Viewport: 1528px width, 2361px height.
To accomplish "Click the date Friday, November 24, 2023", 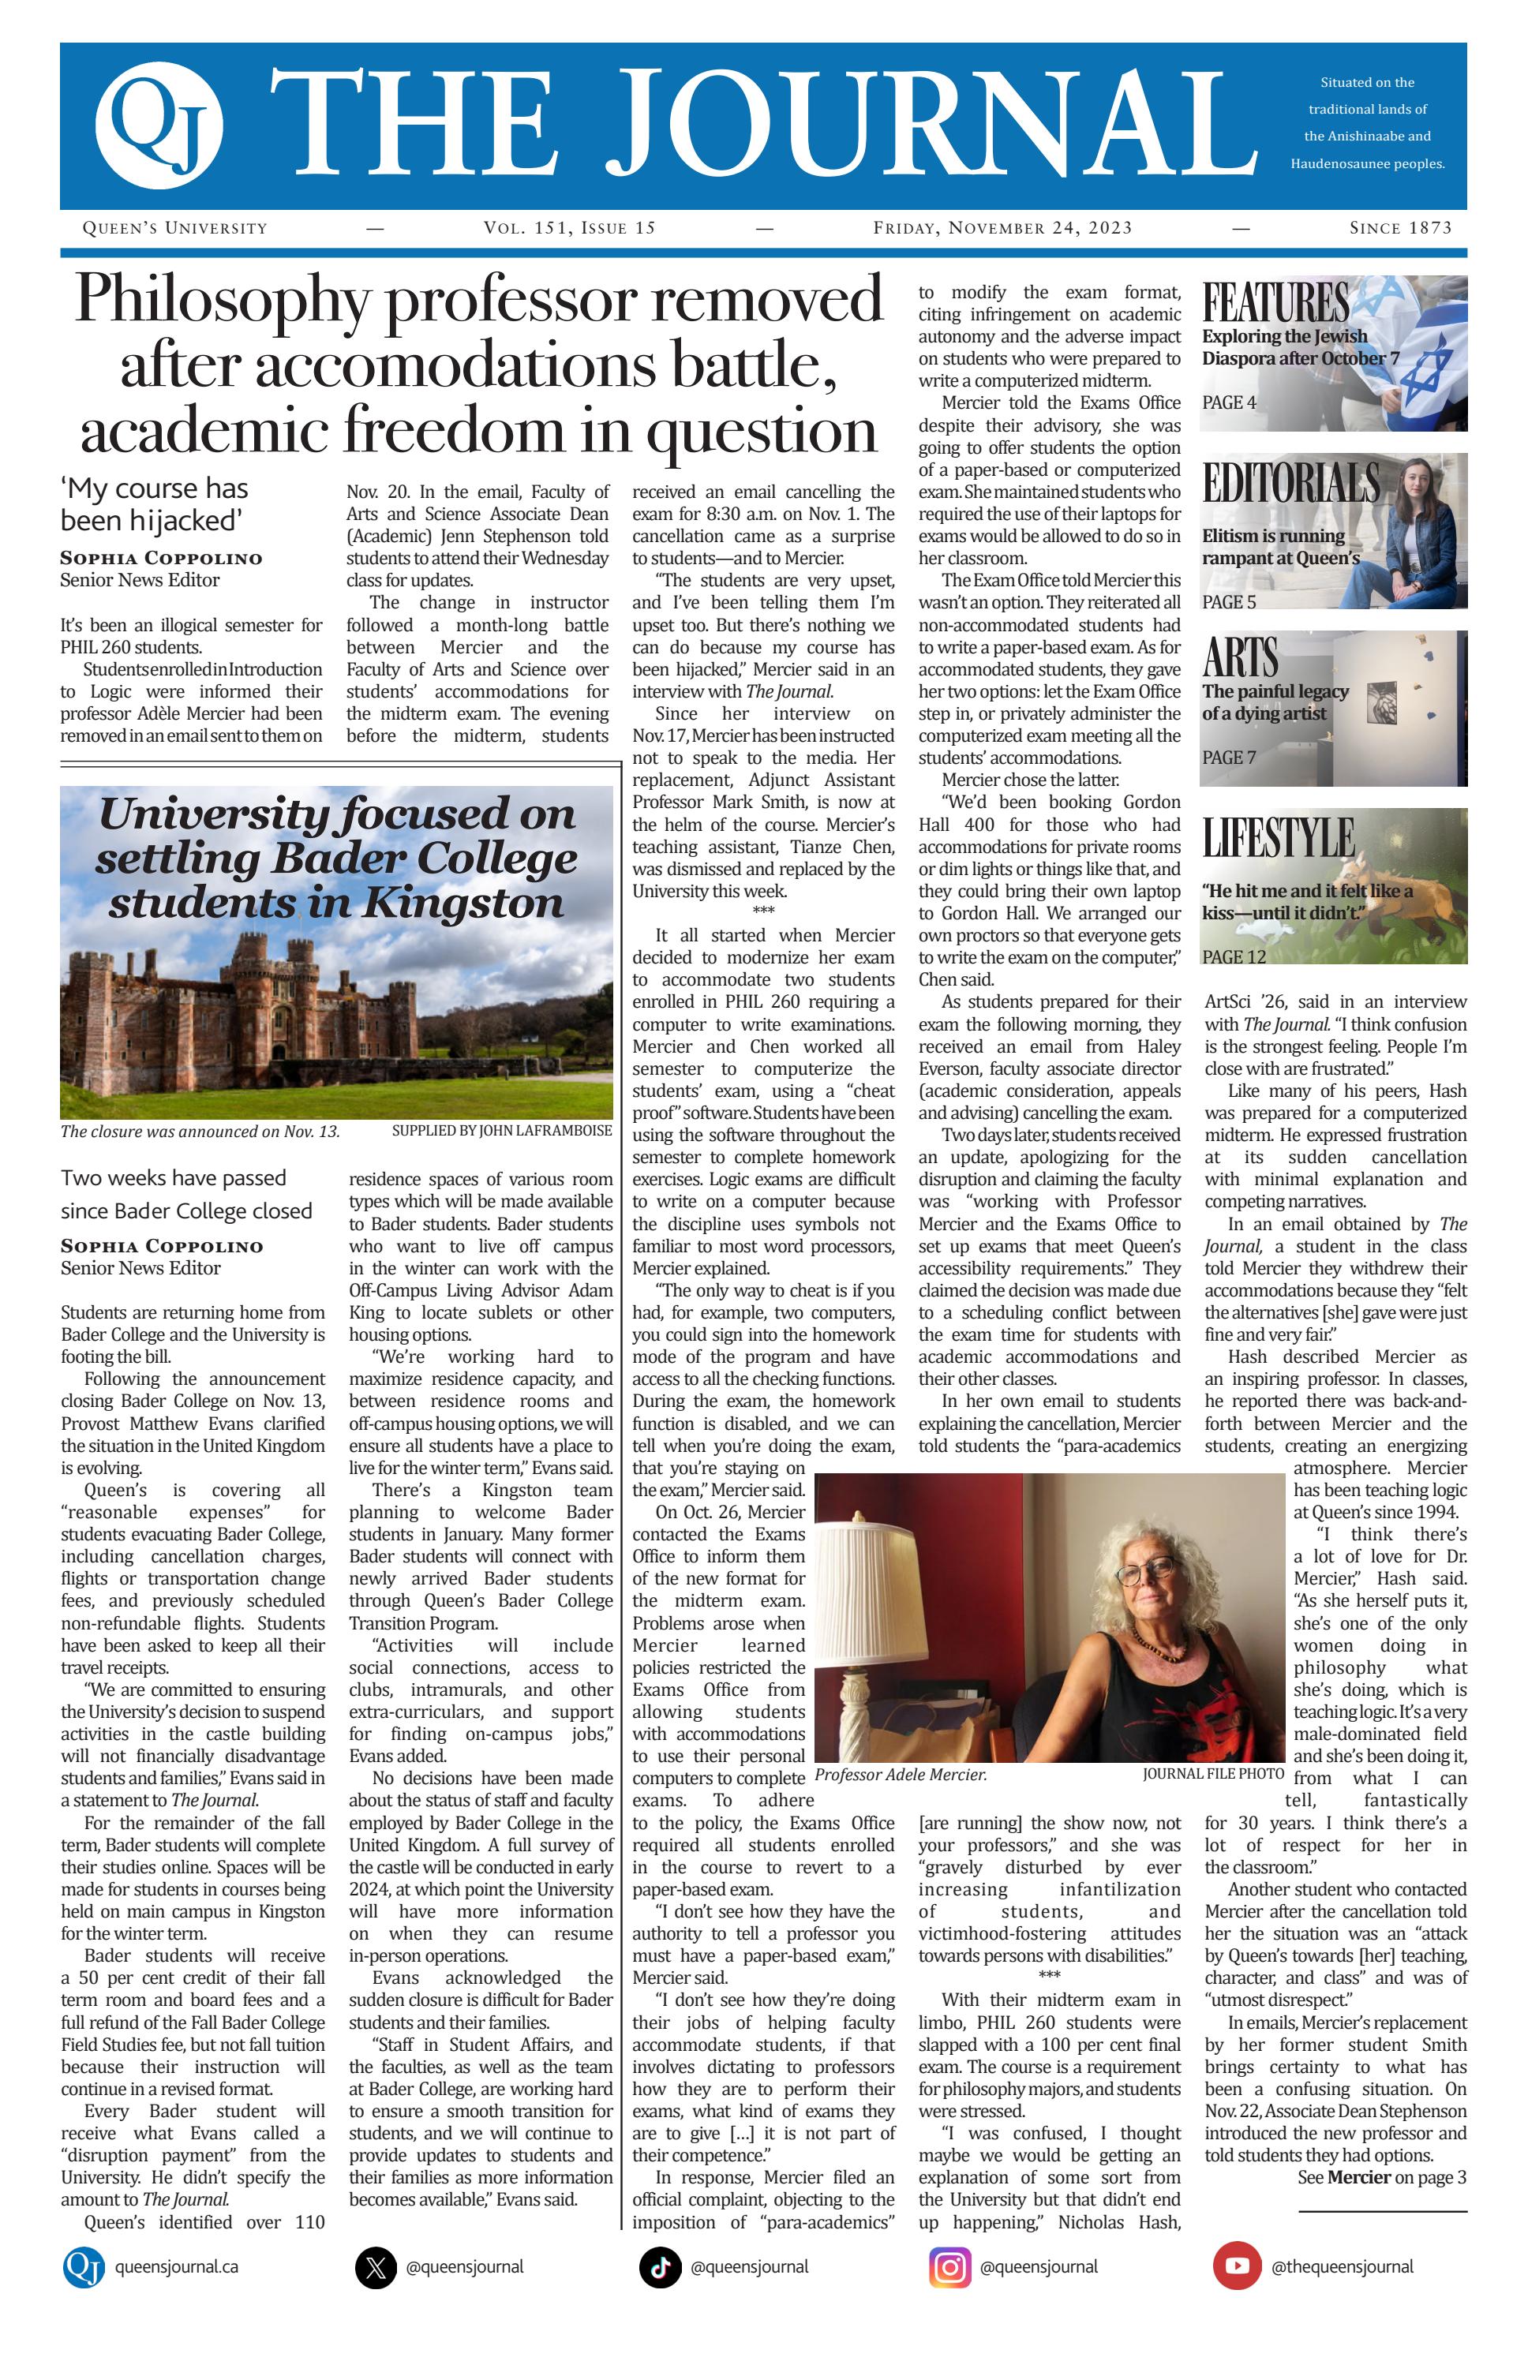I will point(1002,228).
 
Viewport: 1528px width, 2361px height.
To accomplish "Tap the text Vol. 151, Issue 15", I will point(570,228).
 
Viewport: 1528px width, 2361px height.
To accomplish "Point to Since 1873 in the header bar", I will point(1400,228).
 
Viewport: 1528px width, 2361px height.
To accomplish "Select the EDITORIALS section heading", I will point(1291,483).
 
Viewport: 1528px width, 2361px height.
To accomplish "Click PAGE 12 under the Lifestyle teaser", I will point(1234,956).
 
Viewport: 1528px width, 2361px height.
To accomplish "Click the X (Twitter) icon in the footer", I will point(375,2267).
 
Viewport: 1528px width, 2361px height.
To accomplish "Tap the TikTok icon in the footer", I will point(660,2267).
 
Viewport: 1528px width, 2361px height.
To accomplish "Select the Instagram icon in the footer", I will point(949,2267).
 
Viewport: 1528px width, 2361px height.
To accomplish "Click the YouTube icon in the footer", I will point(1236,2267).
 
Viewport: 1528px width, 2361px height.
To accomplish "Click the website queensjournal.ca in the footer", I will point(177,2267).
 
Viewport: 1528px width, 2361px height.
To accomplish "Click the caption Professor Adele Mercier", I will point(900,1775).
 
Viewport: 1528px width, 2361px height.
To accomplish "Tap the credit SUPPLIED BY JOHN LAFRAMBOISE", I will point(501,1131).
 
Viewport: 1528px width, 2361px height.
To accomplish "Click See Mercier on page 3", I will point(1381,2177).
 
